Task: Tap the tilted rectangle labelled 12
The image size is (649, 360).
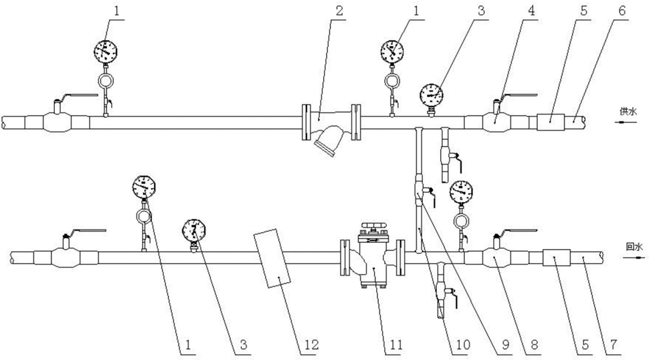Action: pos(273,258)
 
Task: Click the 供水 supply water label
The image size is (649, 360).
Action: pos(628,111)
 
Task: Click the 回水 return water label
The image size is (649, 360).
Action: pos(634,247)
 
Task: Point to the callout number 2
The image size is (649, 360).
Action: pos(340,11)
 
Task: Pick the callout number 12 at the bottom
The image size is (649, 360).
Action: pos(311,345)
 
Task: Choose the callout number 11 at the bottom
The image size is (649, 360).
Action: pos(395,345)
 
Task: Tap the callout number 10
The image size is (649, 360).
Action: pos(462,345)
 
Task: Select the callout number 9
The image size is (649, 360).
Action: pos(505,345)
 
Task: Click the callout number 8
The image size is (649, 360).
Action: pos(535,345)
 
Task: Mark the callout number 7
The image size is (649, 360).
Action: pos(614,345)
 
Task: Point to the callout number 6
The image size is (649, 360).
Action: pos(622,11)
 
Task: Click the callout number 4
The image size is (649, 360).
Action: pos(531,11)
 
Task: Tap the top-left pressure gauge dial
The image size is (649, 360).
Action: pos(106,52)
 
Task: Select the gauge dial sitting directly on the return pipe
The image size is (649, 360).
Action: pos(194,231)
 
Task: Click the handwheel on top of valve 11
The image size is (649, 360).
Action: pos(373,227)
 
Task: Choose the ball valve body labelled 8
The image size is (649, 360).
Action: pos(496,258)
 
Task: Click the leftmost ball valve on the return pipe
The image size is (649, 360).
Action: pos(66,258)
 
